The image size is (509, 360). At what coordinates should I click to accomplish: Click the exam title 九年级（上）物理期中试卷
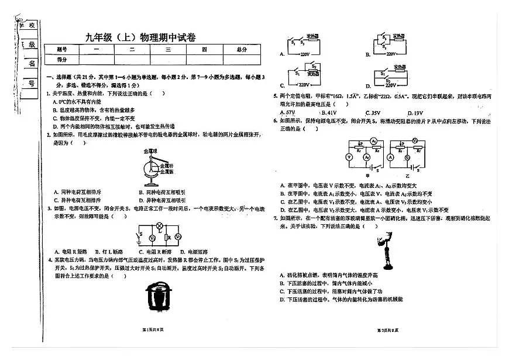click(x=140, y=37)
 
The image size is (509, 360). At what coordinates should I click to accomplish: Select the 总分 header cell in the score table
click(x=242, y=50)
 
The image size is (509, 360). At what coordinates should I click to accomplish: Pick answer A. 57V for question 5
click(x=288, y=112)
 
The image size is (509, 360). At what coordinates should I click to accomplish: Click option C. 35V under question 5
click(x=372, y=112)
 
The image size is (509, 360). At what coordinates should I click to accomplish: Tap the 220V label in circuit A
click(x=305, y=54)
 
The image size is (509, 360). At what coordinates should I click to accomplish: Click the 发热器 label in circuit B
click(x=400, y=36)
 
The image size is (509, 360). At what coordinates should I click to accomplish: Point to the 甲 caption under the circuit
click(x=367, y=175)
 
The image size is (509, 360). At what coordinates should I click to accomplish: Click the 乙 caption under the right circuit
click(x=410, y=175)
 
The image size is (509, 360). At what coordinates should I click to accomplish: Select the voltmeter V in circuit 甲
click(x=349, y=157)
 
